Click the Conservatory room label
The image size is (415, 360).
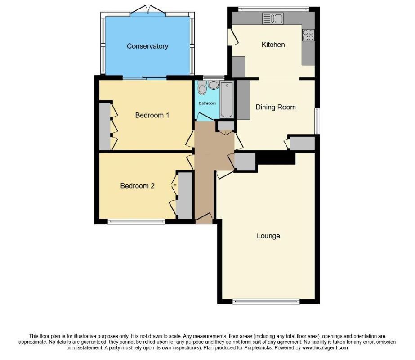(x=147, y=46)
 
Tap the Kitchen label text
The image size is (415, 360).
(x=273, y=45)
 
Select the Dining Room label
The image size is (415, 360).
(x=276, y=107)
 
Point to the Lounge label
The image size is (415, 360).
(x=268, y=236)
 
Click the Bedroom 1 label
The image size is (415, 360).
(x=152, y=115)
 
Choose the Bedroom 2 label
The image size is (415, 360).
(x=137, y=185)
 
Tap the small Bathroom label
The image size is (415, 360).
(x=208, y=103)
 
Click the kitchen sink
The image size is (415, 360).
(x=272, y=18)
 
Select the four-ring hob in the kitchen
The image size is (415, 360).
(x=308, y=35)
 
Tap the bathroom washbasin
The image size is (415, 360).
(x=213, y=85)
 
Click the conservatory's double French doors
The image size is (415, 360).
(x=148, y=10)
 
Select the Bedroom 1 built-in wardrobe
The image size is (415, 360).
(x=105, y=126)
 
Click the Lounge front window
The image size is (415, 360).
(x=266, y=301)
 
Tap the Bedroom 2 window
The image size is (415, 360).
(x=136, y=221)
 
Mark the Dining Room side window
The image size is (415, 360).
(x=317, y=121)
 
